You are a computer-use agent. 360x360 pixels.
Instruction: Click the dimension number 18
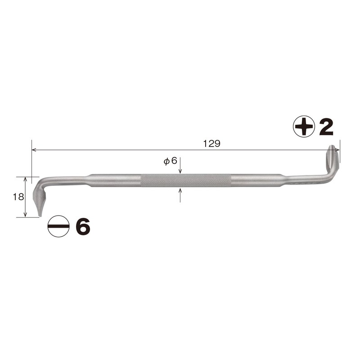[18, 197]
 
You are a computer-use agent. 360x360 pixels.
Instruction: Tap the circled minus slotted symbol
[58, 226]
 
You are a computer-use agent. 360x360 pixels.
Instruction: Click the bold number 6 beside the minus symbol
[83, 226]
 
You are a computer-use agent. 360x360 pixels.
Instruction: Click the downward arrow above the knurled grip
[180, 171]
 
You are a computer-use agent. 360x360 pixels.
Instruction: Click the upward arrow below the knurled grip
[180, 191]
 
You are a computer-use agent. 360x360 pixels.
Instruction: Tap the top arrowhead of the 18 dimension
[26, 179]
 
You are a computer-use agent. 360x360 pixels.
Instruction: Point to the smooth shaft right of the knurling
[256, 180]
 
